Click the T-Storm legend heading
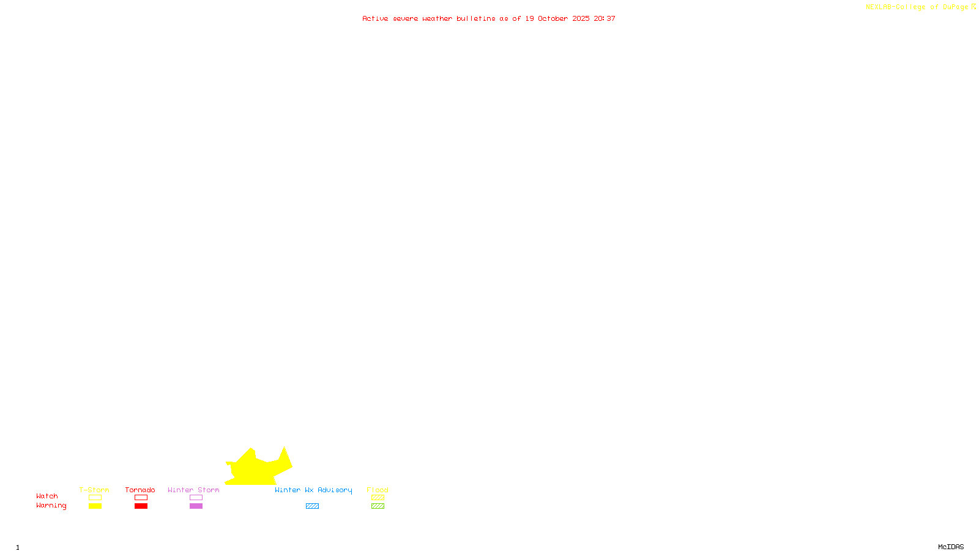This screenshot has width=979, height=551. (94, 490)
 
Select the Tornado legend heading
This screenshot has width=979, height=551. (140, 490)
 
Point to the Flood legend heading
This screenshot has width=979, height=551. (378, 490)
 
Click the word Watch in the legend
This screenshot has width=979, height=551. (47, 496)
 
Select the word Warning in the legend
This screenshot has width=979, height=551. (51, 506)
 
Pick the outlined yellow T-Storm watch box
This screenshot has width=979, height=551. (95, 498)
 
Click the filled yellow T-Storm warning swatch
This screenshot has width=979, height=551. (95, 506)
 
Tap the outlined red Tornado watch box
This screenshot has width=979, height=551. (141, 498)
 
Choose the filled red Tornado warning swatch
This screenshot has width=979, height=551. (141, 506)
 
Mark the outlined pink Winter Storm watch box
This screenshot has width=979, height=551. (196, 498)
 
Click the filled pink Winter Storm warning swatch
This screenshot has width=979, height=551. (196, 506)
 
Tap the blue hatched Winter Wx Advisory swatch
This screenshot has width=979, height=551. (312, 506)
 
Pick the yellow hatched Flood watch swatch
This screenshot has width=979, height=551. (378, 498)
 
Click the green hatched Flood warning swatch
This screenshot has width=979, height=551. (378, 506)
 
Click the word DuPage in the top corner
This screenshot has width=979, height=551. (955, 7)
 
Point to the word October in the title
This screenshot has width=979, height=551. (553, 18)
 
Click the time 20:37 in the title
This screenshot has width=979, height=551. (605, 18)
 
